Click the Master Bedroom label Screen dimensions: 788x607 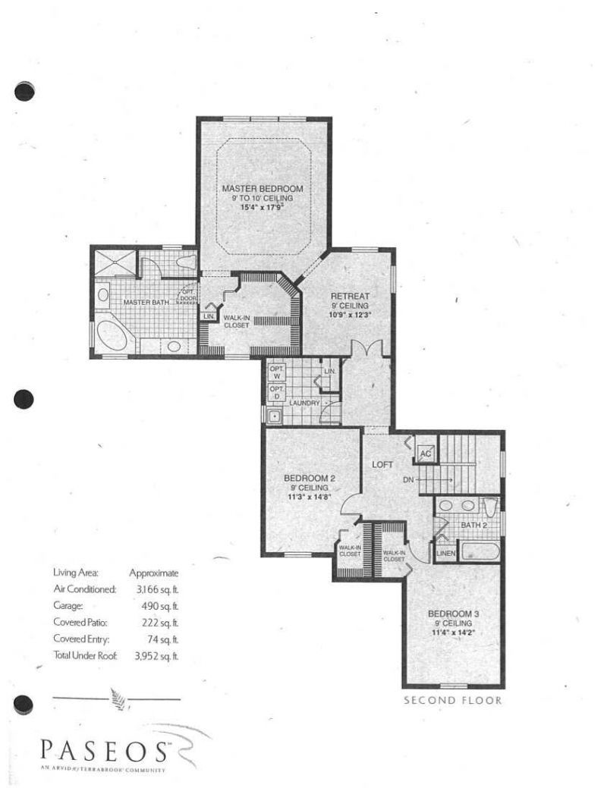pos(263,188)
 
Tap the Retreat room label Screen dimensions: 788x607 pos(350,297)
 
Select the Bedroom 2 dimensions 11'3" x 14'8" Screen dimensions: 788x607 pos(310,498)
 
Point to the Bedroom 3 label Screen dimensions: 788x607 pos(453,613)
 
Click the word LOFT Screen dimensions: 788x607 pos(381,463)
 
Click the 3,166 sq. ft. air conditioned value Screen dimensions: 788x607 pos(158,589)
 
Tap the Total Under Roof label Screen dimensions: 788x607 pos(85,654)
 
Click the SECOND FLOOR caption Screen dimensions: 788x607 pos(453,700)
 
